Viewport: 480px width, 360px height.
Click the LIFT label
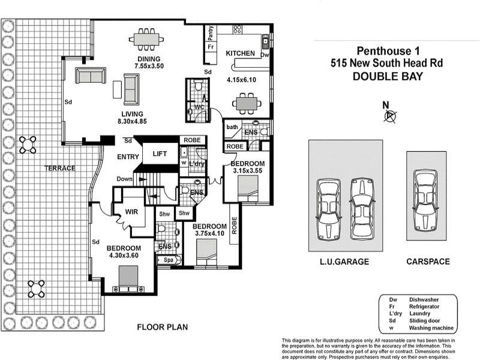pos(160,154)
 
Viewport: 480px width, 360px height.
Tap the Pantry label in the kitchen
pos(211,32)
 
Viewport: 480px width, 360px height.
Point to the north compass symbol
pos(390,116)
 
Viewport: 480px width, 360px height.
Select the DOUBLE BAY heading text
pos(387,76)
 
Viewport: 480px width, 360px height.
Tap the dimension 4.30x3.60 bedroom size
pos(124,256)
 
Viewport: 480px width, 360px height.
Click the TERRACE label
pos(60,168)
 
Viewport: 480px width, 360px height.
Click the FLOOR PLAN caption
pos(163,327)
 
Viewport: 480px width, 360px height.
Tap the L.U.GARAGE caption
pos(343,262)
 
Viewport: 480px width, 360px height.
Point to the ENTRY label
pos(128,157)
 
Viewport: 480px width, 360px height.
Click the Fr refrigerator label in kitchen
pos(211,47)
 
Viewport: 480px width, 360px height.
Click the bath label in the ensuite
pos(232,127)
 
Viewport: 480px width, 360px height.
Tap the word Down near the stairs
pos(125,179)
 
